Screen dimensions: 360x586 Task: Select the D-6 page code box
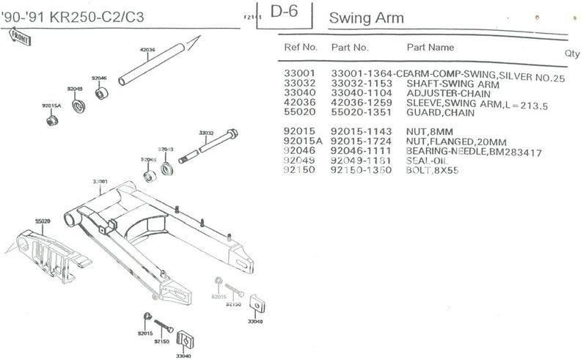285,12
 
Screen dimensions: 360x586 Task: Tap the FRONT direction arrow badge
17,37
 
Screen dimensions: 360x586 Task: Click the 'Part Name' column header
431,48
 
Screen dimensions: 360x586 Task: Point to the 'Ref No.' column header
301,48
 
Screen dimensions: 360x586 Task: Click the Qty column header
572,54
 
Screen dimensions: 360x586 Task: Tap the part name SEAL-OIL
428,161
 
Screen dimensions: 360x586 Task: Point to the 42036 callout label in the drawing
147,51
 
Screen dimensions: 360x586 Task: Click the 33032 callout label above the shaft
206,133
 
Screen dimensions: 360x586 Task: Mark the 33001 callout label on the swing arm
100,181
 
